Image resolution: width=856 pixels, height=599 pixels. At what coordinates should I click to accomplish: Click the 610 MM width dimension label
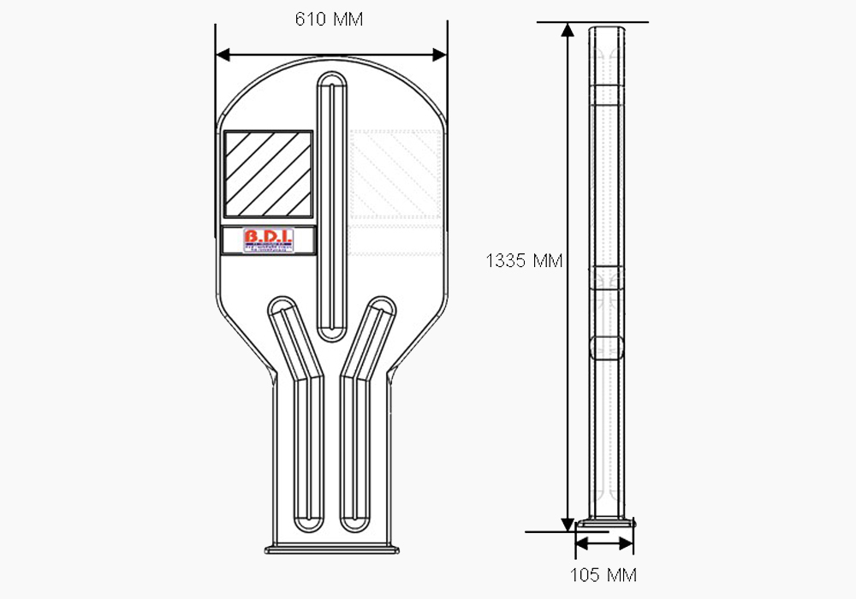point(329,20)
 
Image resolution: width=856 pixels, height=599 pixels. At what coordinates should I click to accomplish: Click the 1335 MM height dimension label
point(524,261)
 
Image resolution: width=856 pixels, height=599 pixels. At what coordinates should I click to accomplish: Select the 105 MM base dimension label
point(603,574)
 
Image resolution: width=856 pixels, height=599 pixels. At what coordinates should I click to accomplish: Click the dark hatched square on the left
point(268,174)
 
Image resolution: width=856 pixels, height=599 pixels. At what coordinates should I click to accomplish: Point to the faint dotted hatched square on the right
point(395,174)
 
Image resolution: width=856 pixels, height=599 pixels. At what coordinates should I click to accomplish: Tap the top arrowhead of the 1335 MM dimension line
point(567,30)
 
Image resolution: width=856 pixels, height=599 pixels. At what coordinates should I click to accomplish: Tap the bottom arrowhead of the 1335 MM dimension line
point(567,524)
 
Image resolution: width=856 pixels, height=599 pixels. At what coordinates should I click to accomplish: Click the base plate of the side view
point(606,521)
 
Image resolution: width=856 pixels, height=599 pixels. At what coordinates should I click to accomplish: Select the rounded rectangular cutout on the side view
point(605,348)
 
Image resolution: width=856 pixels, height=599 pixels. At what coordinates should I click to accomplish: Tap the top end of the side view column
point(605,27)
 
